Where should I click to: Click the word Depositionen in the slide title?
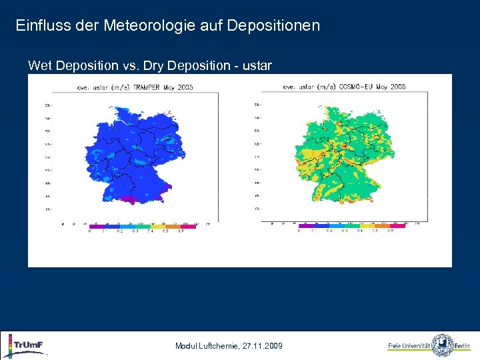[273, 26]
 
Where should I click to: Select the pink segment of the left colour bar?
[188, 227]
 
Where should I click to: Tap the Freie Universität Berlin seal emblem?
[443, 345]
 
